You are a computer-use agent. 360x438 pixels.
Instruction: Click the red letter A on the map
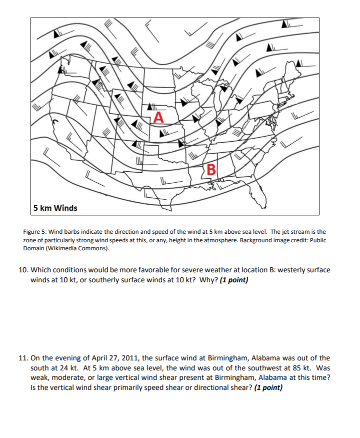pyautogui.click(x=158, y=118)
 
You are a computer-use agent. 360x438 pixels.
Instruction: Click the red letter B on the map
pyautogui.click(x=211, y=169)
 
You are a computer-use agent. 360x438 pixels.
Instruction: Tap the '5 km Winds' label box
pyautogui.click(x=55, y=208)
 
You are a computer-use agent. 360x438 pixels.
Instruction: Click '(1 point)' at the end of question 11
pyautogui.click(x=268, y=386)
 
